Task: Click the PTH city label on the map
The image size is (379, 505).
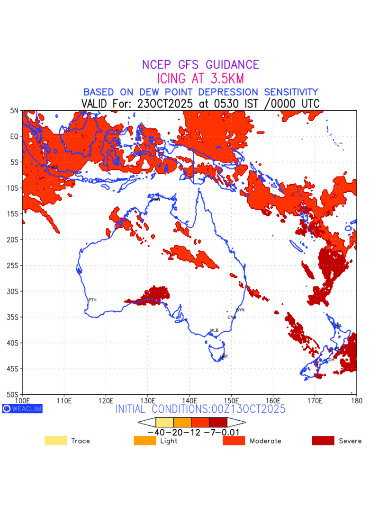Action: (92, 300)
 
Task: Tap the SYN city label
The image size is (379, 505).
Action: (240, 310)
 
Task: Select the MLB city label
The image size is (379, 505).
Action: (214, 330)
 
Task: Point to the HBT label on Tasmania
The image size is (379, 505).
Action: (224, 356)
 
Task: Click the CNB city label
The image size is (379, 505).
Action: (232, 317)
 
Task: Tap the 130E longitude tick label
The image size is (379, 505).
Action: (147, 401)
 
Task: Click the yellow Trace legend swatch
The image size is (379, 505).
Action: (55, 441)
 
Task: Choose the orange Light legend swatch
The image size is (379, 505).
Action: (145, 441)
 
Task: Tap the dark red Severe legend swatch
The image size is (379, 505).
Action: (323, 441)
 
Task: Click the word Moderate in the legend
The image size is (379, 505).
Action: (265, 441)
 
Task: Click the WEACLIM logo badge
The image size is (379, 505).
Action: (22, 408)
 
